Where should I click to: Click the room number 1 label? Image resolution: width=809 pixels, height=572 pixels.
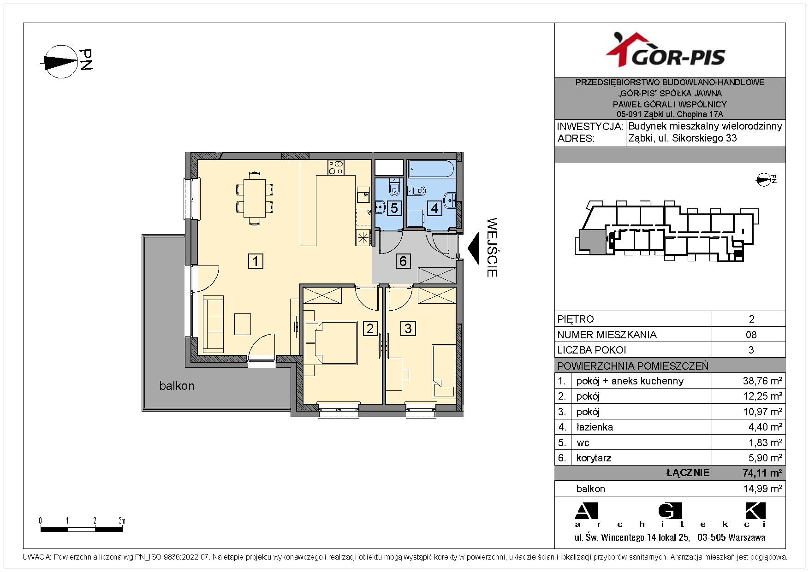click(x=256, y=261)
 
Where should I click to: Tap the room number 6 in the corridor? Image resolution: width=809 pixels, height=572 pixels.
click(x=403, y=261)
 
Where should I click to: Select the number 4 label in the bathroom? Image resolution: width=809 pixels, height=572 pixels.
click(x=434, y=208)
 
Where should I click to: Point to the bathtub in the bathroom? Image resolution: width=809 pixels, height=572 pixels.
click(x=432, y=169)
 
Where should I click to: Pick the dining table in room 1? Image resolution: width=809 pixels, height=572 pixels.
click(x=254, y=198)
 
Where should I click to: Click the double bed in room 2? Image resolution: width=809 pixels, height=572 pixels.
click(x=331, y=343)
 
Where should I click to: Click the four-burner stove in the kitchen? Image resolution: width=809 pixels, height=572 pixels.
click(x=336, y=167)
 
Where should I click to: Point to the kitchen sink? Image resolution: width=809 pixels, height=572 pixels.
click(x=363, y=194)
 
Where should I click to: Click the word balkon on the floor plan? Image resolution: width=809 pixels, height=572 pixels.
click(x=177, y=386)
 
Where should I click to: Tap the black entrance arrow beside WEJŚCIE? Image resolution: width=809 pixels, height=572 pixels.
click(x=474, y=248)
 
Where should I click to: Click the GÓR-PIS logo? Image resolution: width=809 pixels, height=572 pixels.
click(x=665, y=50)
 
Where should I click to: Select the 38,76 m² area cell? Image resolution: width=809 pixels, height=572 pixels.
click(x=762, y=381)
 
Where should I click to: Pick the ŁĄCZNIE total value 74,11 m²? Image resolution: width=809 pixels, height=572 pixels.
click(x=762, y=473)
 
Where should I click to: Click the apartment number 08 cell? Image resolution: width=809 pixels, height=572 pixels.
click(x=751, y=335)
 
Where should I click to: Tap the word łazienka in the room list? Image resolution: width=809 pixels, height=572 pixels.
click(x=595, y=427)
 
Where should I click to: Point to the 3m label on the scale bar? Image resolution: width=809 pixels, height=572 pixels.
click(x=122, y=521)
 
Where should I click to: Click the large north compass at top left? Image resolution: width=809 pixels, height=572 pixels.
click(x=61, y=61)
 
